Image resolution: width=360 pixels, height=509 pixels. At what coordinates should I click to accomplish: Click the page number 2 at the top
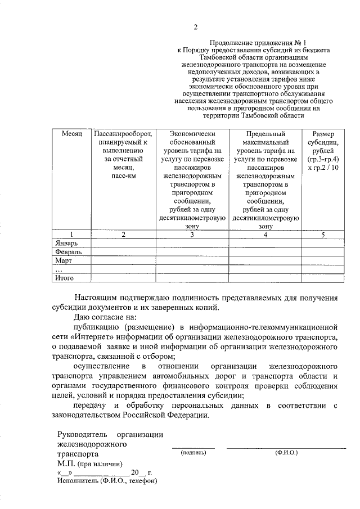[195, 27]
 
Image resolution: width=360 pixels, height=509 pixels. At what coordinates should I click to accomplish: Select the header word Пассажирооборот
[123, 134]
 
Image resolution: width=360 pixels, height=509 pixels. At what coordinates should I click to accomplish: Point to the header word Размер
[323, 134]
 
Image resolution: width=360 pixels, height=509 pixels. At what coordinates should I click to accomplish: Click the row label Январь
[67, 243]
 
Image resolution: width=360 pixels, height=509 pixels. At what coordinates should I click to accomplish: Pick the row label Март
[64, 260]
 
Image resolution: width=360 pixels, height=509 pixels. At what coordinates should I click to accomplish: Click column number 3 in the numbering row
[192, 235]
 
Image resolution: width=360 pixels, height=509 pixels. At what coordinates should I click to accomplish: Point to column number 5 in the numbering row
[323, 235]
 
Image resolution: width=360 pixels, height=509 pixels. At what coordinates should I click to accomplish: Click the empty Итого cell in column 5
[323, 277]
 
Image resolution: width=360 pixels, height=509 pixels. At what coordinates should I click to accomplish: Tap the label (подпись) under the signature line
[193, 452]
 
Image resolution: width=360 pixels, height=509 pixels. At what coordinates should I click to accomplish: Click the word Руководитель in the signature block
[82, 434]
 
